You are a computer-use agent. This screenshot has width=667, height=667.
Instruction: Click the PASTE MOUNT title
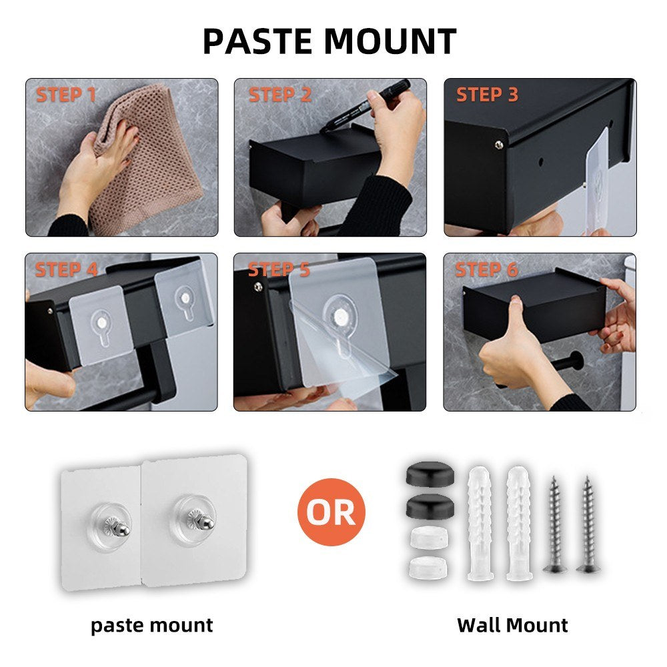[329, 41]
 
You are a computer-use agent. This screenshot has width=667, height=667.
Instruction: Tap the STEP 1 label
[66, 95]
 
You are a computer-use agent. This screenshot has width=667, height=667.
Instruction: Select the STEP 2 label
[280, 95]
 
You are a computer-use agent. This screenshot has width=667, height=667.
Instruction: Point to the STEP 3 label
[487, 95]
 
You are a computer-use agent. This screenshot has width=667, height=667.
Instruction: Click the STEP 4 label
[66, 269]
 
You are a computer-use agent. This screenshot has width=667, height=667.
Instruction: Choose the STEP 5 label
[279, 269]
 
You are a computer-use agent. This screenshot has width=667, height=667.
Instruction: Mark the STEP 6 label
[487, 269]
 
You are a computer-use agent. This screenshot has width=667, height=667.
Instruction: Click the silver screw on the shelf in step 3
[499, 145]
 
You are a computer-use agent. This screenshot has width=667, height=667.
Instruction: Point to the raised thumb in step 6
[516, 315]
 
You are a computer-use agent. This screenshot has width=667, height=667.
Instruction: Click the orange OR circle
[331, 512]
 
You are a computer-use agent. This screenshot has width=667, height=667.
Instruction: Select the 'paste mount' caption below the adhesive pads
[152, 626]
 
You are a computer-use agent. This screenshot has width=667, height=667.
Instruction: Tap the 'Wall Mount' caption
[512, 626]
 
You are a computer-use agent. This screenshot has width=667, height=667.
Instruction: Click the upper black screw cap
[430, 474]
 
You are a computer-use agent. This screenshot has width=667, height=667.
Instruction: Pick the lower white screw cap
[429, 568]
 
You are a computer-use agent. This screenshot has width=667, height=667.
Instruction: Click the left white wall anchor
[481, 523]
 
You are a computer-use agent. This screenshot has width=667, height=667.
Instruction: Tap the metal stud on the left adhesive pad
[117, 526]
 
